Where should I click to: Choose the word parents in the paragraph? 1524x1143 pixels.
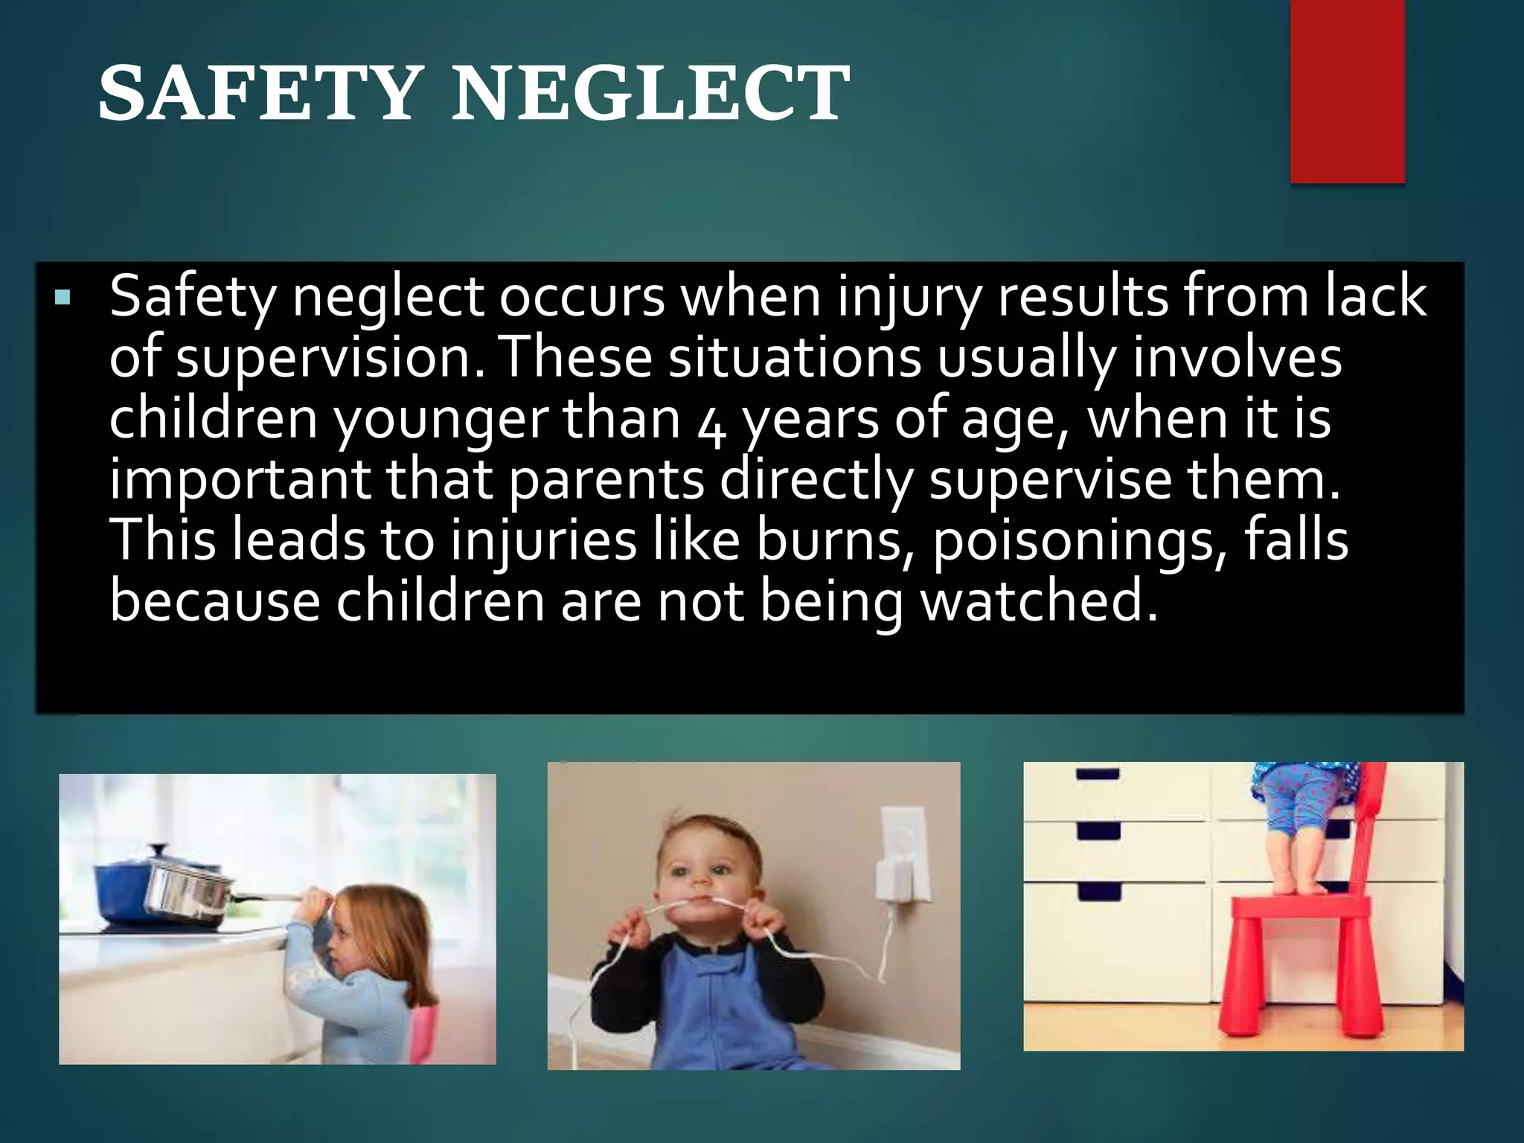click(606, 480)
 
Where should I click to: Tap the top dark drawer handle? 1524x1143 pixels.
click(1098, 774)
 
